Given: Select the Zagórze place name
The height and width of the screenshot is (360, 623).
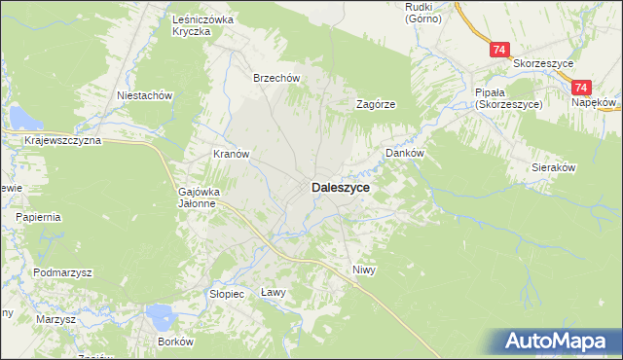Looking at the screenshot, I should click(x=375, y=104).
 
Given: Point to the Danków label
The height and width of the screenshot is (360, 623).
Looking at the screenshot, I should click(x=405, y=154).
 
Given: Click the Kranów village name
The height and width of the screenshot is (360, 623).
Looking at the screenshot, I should click(x=233, y=154).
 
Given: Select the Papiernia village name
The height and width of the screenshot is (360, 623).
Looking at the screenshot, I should click(x=37, y=217).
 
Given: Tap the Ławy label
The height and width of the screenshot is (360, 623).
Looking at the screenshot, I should click(x=274, y=292).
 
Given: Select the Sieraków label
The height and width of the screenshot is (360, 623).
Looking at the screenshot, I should click(x=554, y=167).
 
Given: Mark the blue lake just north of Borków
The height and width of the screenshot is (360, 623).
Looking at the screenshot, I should click(x=158, y=316).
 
